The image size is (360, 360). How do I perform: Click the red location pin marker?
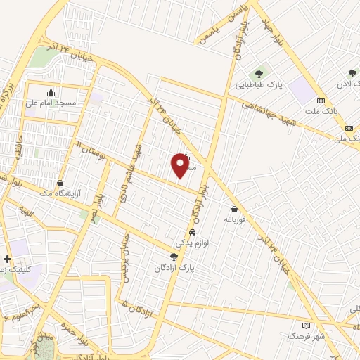[x=180, y=166]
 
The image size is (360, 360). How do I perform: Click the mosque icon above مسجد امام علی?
[x=50, y=92]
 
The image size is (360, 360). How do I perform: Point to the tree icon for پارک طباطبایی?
[x=259, y=72]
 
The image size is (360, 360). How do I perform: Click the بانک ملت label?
[x=321, y=110]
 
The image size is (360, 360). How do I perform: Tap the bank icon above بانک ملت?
[x=321, y=100]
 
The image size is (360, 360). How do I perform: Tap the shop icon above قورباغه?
[x=234, y=209]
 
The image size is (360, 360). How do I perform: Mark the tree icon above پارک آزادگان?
[x=174, y=257]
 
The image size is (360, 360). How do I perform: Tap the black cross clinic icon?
[x=7, y=259]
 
